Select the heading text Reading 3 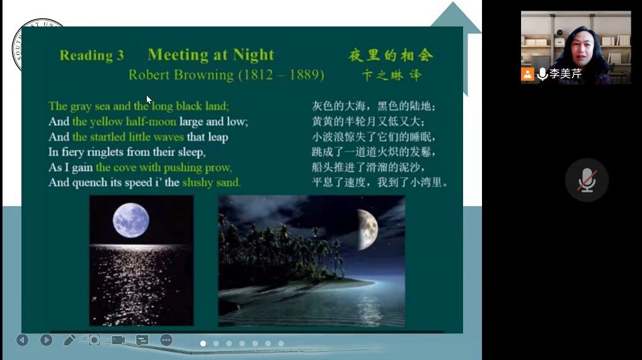click(92, 55)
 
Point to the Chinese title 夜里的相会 click(391, 55)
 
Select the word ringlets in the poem click(104, 153)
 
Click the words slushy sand click(211, 183)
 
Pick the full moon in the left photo click(131, 220)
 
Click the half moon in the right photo click(367, 229)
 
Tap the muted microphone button click(587, 180)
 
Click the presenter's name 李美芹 click(565, 74)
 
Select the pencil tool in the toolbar click(69, 340)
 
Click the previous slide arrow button click(23, 340)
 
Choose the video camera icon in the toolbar click(118, 340)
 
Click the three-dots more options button click(166, 340)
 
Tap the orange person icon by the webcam click(527, 74)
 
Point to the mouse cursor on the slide click(149, 100)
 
